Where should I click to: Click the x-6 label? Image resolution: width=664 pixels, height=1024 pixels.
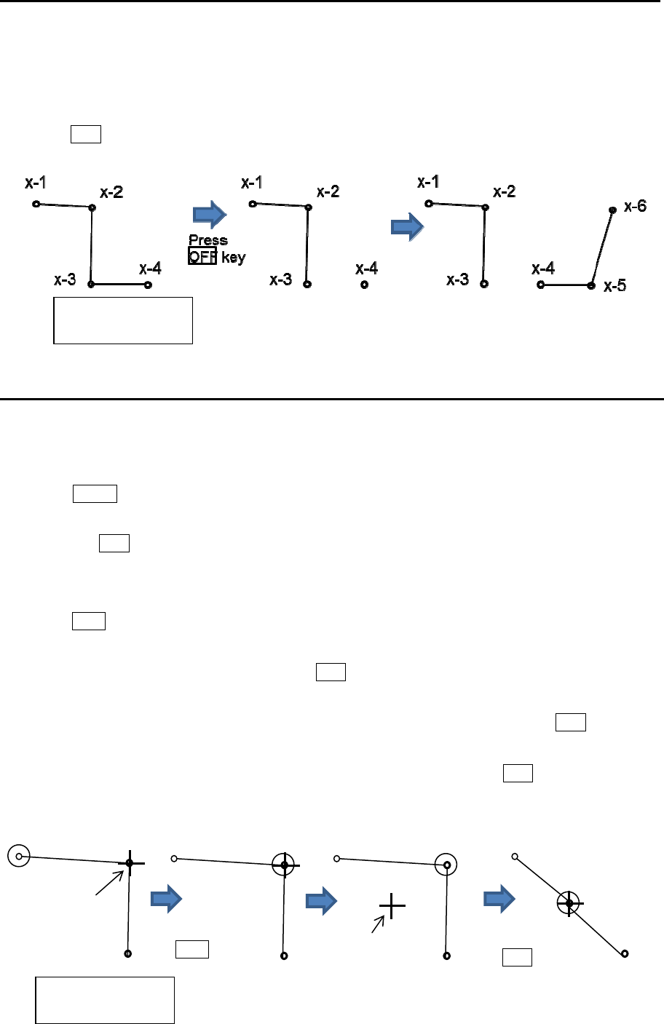(x=635, y=207)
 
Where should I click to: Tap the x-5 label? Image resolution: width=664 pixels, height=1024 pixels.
(x=614, y=286)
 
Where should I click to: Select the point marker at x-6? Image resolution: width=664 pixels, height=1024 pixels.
(x=612, y=210)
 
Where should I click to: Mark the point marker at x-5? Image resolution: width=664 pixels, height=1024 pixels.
(x=591, y=285)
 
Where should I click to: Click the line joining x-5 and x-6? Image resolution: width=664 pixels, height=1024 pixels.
(x=602, y=247)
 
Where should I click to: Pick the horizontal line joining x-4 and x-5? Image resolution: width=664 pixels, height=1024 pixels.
(x=566, y=285)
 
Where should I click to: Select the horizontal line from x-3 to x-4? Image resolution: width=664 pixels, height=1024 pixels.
(x=119, y=285)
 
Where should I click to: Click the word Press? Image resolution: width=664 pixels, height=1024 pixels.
(x=208, y=240)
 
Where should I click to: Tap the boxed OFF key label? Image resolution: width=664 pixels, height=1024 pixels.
(x=202, y=257)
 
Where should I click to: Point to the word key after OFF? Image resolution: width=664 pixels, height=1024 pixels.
(x=234, y=258)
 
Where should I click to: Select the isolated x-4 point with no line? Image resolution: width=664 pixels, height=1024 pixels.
(x=364, y=285)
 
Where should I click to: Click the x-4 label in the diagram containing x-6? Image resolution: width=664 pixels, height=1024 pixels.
(x=543, y=269)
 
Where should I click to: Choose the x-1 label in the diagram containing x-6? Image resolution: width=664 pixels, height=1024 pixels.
(x=428, y=182)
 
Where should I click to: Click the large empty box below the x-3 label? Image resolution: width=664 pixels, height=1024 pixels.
(x=123, y=319)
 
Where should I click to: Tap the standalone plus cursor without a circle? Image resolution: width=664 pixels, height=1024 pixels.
(x=392, y=905)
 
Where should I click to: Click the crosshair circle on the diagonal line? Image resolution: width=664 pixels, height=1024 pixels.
(x=569, y=903)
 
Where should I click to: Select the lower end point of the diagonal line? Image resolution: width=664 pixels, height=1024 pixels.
(x=625, y=953)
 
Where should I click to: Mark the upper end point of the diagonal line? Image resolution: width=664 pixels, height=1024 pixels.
(x=515, y=856)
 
